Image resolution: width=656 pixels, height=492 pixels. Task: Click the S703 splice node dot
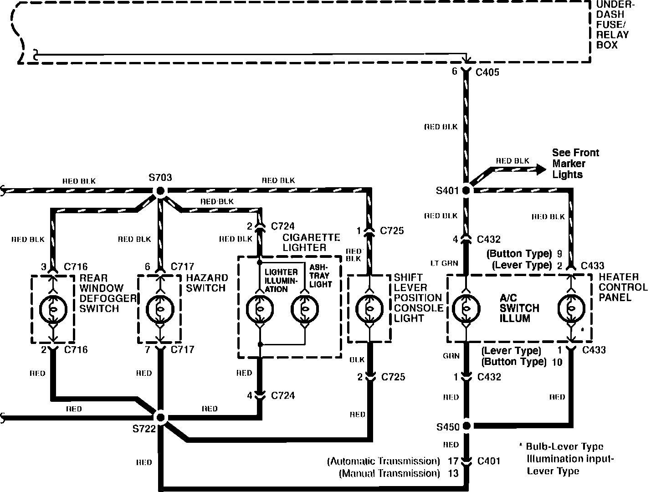[x=160, y=191]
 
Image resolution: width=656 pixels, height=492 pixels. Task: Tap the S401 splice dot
[x=466, y=190]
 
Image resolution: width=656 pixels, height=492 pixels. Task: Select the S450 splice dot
[x=466, y=426]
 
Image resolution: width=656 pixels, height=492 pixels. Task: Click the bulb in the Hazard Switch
[x=160, y=309]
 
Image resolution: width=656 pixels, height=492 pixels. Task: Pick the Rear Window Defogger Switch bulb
[x=53, y=309]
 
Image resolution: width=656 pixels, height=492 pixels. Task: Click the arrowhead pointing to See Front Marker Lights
[x=541, y=169]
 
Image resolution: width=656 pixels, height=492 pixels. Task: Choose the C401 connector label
[x=488, y=461]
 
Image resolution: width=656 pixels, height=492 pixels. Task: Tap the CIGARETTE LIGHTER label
[x=311, y=242]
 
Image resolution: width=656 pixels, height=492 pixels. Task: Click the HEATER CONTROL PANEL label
[x=623, y=287]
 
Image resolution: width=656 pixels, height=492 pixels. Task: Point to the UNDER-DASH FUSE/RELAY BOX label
[x=613, y=25]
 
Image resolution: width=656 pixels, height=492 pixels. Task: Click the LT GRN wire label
[x=445, y=263]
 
